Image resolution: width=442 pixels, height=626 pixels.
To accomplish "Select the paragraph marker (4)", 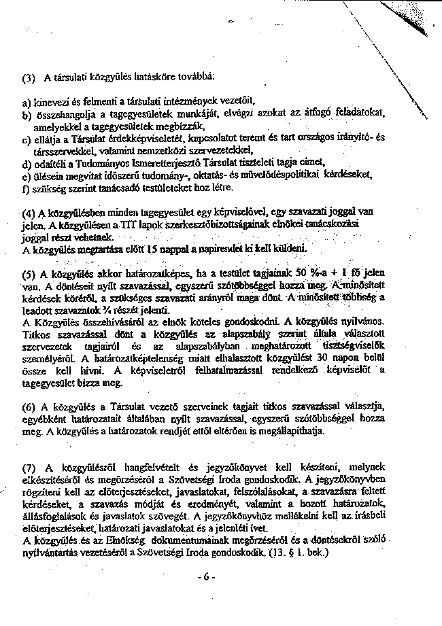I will tap(27, 212).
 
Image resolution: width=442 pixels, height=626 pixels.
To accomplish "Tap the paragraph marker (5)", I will tap(28, 275).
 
